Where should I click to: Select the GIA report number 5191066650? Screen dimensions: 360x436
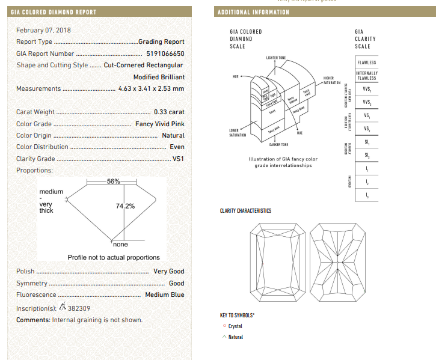tap(165, 53)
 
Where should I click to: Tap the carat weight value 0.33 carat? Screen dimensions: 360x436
tap(169, 112)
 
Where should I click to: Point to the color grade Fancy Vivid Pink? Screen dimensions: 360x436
tap(160, 124)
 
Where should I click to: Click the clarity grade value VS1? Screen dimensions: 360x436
tap(179, 159)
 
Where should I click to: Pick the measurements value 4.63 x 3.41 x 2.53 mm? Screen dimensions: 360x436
tap(152, 89)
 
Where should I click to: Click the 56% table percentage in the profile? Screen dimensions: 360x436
tap(114, 182)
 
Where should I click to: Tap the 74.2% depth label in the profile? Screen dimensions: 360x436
tap(125, 206)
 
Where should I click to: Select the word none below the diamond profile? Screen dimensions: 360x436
tap(120, 245)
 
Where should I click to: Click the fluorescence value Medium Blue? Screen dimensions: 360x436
tap(165, 295)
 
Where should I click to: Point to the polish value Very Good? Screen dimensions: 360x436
tap(168, 272)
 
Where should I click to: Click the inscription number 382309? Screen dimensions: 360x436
tap(79, 308)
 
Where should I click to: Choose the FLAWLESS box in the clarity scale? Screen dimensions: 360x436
tap(366, 63)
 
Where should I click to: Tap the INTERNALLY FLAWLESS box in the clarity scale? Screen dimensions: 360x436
tap(366, 76)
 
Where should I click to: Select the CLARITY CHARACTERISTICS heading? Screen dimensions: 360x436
tap(245, 211)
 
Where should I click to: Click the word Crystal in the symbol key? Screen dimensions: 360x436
tap(235, 326)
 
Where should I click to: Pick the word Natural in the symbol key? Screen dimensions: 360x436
tap(236, 337)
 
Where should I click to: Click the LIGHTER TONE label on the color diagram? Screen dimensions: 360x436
tap(276, 57)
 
